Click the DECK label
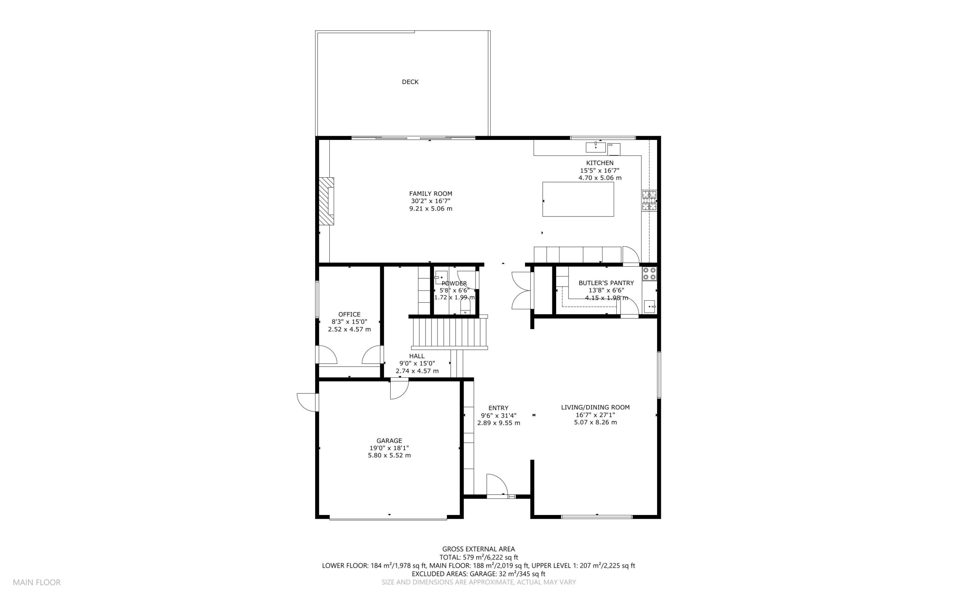pyautogui.click(x=410, y=82)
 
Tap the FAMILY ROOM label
pyautogui.click(x=430, y=194)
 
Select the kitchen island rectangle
pyautogui.click(x=578, y=199)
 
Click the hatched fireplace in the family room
pyautogui.click(x=326, y=201)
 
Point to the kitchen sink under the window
pyautogui.click(x=595, y=147)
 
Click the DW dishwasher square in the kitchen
pyautogui.click(x=614, y=149)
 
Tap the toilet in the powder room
pyautogui.click(x=466, y=306)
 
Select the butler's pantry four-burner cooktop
pyautogui.click(x=649, y=274)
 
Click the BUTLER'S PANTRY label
pyautogui.click(x=606, y=283)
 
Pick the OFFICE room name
pyautogui.click(x=350, y=315)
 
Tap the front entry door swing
pyautogui.click(x=497, y=484)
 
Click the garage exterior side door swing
pyautogui.click(x=308, y=402)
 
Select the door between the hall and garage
pyautogui.click(x=399, y=389)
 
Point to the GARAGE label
pyautogui.click(x=389, y=441)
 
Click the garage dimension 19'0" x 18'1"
pyautogui.click(x=389, y=448)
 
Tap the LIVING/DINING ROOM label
pyautogui.click(x=595, y=407)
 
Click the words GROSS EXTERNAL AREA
pyautogui.click(x=478, y=549)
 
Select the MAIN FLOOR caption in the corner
pyautogui.click(x=37, y=582)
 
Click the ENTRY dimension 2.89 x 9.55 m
pyautogui.click(x=498, y=423)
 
